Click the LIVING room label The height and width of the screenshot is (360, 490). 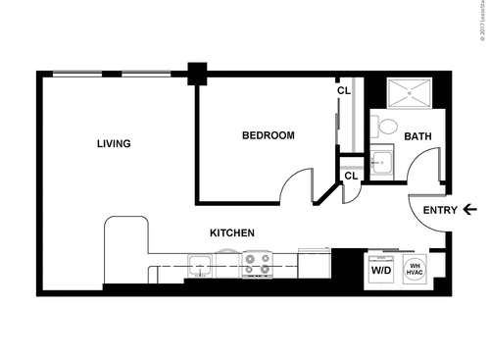coord(114,144)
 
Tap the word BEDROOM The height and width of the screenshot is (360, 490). coord(269,135)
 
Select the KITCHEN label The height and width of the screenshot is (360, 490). coord(232,233)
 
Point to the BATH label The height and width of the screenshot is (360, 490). coord(417,137)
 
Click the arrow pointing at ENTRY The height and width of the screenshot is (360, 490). coord(471,209)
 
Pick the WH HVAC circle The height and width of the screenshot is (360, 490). coord(416,268)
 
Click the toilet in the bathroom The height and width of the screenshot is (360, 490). coord(384,125)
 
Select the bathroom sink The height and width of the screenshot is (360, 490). coord(382,161)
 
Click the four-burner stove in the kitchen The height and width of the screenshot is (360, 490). coord(257,263)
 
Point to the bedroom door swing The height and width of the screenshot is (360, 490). coord(294,181)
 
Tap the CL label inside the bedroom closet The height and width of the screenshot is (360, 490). coord(344,91)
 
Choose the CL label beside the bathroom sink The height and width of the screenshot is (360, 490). coord(351,176)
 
